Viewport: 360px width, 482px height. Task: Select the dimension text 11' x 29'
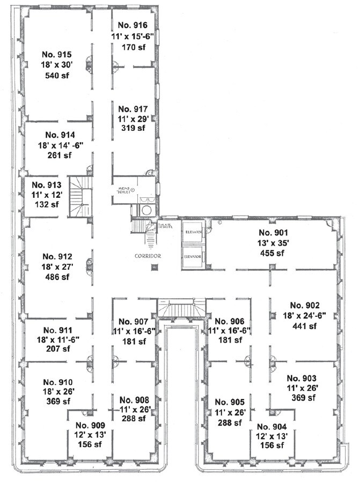(132, 118)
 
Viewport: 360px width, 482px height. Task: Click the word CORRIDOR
(148, 256)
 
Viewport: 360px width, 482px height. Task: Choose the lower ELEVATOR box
(192, 256)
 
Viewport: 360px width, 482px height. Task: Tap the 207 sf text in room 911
(57, 349)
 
